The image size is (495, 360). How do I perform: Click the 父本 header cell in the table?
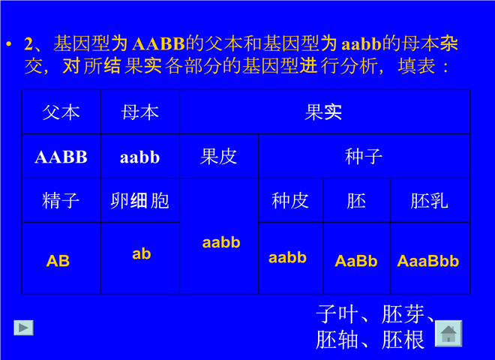61,112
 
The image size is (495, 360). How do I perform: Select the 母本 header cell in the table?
140,112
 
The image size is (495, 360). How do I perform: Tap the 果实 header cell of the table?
325,112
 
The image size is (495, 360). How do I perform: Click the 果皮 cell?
219,156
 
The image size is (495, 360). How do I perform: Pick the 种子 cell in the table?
364,156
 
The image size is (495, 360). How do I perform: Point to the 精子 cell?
61,200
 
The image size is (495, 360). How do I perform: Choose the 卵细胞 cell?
140,200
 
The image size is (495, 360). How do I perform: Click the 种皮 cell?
291,200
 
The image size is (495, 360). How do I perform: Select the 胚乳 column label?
430,200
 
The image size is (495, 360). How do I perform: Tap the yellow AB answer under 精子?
58,261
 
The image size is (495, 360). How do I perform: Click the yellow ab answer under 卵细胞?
142,253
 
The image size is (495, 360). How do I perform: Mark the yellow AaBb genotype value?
356,261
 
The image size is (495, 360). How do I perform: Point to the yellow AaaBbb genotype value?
428,261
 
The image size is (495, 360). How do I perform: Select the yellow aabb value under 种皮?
287,258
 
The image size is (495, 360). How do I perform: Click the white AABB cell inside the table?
61,157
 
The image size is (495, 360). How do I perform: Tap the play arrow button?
24,328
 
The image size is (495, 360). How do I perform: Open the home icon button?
448,334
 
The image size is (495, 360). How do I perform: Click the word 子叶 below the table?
337,314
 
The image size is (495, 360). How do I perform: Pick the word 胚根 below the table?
403,340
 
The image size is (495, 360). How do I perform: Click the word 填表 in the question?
416,66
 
